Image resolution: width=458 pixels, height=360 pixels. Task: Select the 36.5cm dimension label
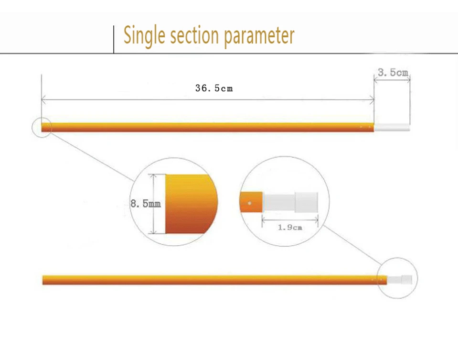(214, 88)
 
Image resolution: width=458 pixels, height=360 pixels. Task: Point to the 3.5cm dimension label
(393, 72)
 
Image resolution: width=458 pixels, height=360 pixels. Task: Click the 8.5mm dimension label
(146, 204)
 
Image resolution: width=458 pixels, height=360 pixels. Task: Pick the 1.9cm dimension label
(290, 227)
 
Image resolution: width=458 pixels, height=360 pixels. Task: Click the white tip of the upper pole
(392, 127)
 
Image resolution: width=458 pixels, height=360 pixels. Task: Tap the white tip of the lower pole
(400, 280)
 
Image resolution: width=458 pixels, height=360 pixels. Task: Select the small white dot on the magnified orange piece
(249, 203)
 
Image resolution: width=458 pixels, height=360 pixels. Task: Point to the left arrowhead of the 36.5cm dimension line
(43, 100)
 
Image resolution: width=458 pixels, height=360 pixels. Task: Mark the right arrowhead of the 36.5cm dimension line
(372, 100)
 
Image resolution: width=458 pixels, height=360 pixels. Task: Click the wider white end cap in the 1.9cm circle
(306, 202)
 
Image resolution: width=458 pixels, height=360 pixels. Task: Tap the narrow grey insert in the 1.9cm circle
(278, 202)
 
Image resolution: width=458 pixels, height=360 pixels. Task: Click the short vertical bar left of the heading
(114, 40)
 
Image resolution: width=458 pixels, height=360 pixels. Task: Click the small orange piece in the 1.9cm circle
(251, 202)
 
